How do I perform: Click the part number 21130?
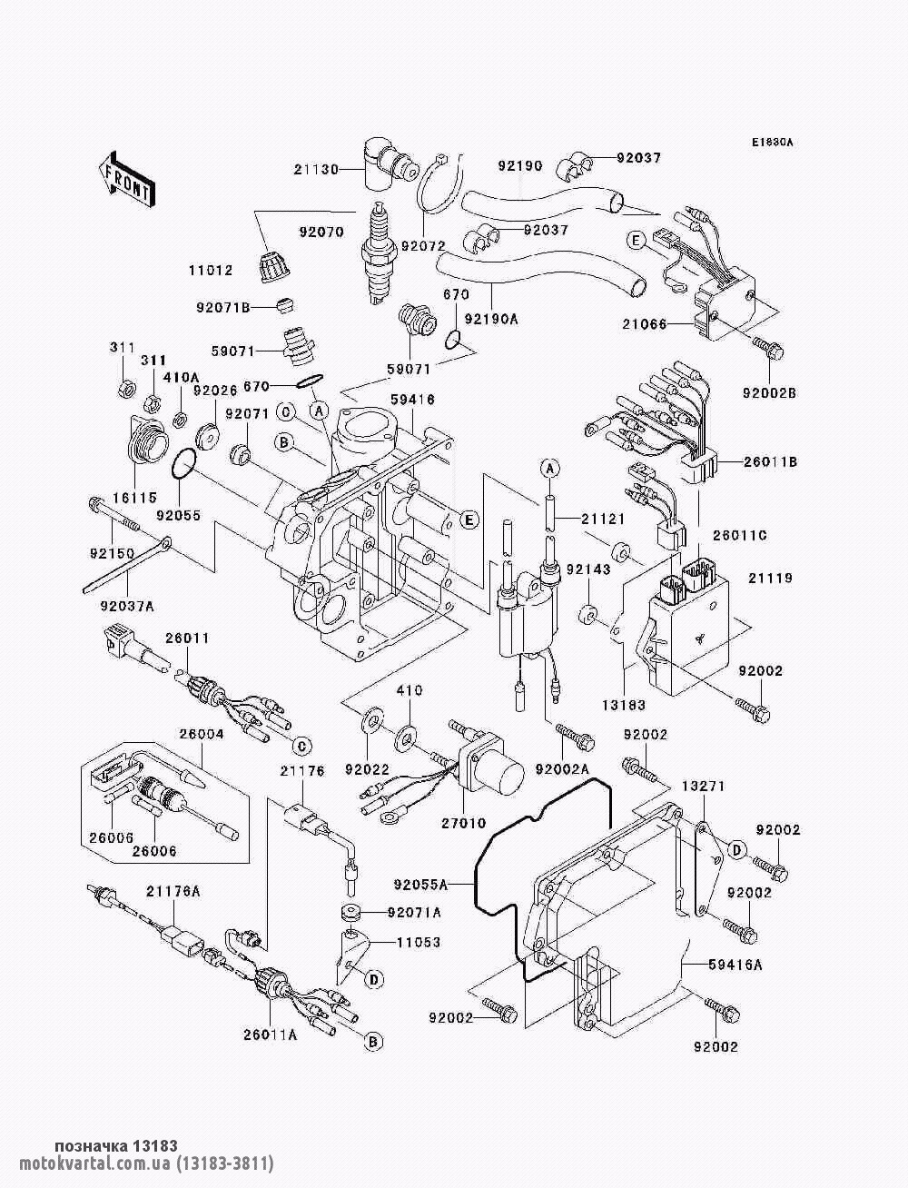click(x=316, y=170)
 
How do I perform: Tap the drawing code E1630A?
click(x=772, y=143)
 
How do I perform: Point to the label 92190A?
click(x=491, y=320)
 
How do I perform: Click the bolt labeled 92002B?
click(x=768, y=349)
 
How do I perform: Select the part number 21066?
click(x=645, y=324)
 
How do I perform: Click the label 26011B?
click(x=771, y=462)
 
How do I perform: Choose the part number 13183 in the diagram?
click(x=625, y=705)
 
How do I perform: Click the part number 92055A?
click(x=421, y=885)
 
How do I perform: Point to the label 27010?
click(x=463, y=823)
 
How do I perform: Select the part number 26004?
click(x=202, y=735)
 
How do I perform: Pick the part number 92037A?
click(x=127, y=608)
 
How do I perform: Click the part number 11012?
click(x=211, y=270)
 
